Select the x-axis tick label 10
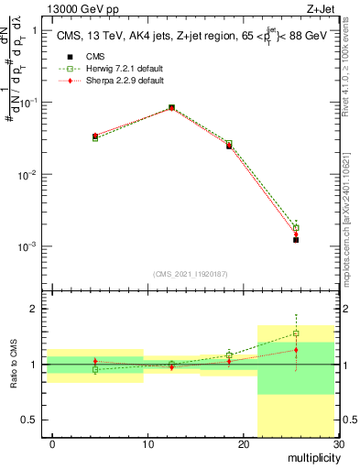(147, 444)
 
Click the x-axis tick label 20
(243, 444)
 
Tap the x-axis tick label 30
(336, 444)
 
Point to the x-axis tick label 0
(52, 444)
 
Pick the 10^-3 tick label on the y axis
(27, 246)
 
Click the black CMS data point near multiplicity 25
(296, 240)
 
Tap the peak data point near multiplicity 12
(171, 107)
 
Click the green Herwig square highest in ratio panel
(296, 333)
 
